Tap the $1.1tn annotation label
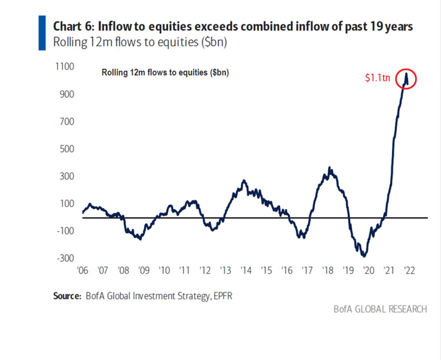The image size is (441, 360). pos(378,79)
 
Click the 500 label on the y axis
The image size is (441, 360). pos(66,149)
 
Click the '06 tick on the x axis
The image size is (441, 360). pos(83,271)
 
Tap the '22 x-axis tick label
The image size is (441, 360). pos(409,271)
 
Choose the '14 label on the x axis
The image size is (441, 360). pos(246,271)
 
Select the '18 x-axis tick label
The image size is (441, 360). pos(327,271)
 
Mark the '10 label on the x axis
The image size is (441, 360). pos(165,271)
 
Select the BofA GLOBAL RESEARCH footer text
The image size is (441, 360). pos(378,308)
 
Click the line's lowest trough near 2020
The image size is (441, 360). pos(361,256)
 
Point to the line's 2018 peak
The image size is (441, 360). pos(330,167)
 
